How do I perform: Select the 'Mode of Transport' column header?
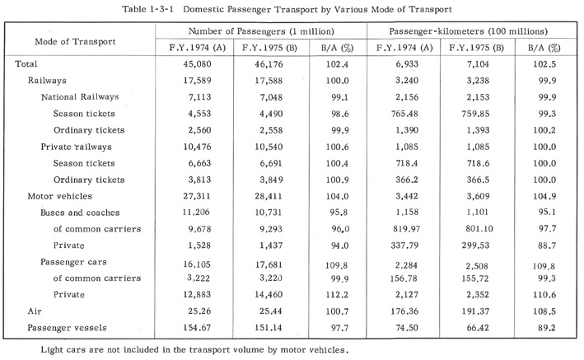coord(75,41)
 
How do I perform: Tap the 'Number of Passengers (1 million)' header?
coord(261,31)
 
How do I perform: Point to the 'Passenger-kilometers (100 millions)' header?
coord(469,31)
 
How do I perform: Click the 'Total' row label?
coord(26,64)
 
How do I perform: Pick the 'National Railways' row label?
coord(80,97)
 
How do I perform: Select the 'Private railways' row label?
coord(76,147)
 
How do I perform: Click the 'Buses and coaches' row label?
coord(80,213)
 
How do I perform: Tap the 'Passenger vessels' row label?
coord(67,328)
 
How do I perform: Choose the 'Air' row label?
coord(35,311)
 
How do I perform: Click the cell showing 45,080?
coord(197,64)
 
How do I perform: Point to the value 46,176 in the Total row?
coord(269,64)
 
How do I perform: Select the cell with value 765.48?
coord(404,114)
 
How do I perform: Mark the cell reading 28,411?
coord(269,196)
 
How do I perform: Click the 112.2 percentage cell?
coord(337,295)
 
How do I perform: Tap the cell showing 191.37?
coord(475,311)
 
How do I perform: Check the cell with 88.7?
coord(547,245)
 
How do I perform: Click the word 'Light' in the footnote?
coord(50,350)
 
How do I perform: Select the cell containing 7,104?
coord(478,64)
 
